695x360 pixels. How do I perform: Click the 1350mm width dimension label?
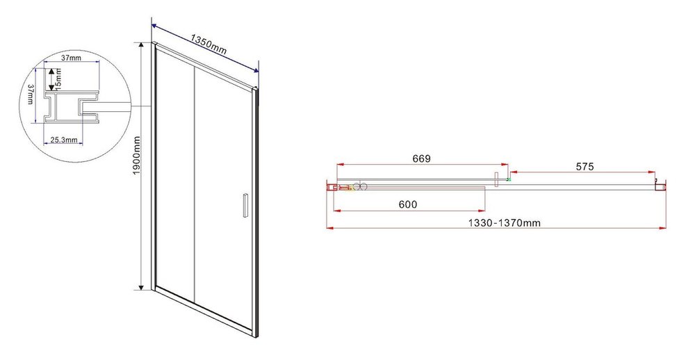(208, 44)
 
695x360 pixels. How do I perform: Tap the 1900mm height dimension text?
(136, 155)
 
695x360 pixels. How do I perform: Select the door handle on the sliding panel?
(244, 205)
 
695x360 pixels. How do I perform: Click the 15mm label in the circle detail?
(58, 79)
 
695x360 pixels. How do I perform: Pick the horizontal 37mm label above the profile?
(71, 58)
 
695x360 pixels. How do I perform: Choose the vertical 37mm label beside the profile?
(30, 95)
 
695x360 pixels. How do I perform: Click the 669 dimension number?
(422, 158)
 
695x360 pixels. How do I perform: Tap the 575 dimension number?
(584, 167)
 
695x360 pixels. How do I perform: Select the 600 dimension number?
(408, 204)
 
